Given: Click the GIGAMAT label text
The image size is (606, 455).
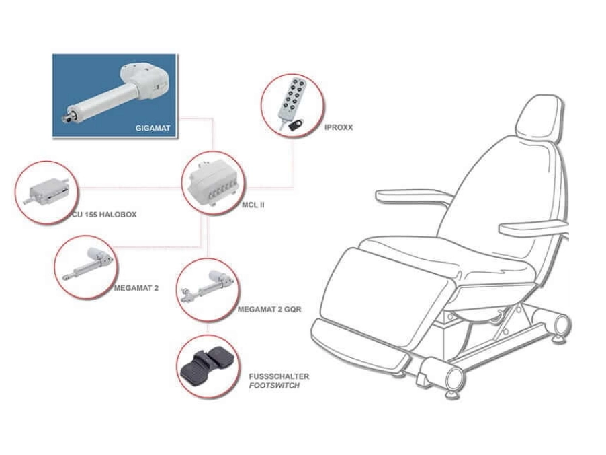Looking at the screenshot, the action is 153,128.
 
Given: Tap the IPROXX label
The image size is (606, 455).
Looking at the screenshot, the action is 339,127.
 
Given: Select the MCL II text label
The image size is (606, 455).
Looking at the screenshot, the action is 253,205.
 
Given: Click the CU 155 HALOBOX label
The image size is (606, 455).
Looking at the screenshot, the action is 104,215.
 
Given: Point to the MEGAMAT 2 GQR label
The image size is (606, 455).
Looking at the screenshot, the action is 269,310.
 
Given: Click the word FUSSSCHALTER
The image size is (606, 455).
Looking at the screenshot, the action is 279,376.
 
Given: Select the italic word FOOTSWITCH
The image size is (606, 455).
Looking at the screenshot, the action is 274,386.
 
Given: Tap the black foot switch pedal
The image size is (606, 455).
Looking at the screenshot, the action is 207,366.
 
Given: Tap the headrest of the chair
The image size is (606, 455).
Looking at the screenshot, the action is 538,116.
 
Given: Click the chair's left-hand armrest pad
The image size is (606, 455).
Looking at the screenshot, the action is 415,196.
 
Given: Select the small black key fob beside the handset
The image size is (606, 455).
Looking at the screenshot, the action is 296,126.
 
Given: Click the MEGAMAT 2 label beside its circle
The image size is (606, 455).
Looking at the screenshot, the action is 136,288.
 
